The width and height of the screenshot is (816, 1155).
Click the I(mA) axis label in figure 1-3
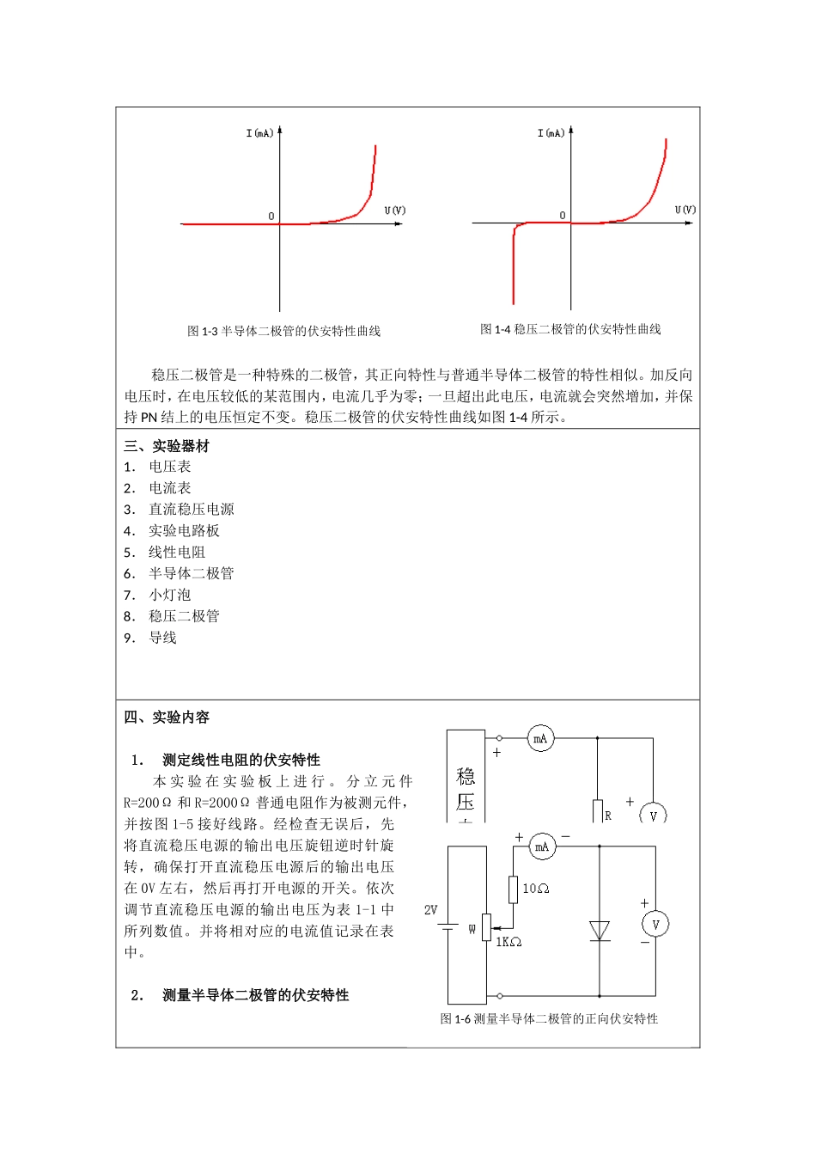pos(259,133)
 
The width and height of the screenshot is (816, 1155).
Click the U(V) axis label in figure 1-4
pos(685,210)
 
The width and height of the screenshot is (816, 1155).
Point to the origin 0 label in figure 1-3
pos(271,217)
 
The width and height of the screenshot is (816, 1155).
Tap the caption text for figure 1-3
pos(284,331)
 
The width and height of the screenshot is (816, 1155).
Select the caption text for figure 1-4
pos(570,329)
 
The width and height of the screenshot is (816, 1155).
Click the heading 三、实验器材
pos(167,446)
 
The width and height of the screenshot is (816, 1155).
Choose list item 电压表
pos(170,467)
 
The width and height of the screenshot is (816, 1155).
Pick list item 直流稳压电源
pos(191,510)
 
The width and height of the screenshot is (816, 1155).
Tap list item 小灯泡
pos(170,595)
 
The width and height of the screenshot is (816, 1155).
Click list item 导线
pos(162,638)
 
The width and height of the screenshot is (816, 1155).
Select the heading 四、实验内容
pos(167,718)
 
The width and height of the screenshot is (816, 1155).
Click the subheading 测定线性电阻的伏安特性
pos(241,760)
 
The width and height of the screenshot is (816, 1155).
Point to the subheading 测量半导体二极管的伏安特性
pos(256,995)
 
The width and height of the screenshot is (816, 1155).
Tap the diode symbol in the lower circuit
pos(600,931)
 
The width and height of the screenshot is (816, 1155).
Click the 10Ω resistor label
pos(535,889)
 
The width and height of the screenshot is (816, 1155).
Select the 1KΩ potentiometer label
pos(508,942)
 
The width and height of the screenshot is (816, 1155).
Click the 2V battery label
pos(430,909)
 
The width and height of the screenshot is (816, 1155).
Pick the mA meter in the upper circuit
pos(540,738)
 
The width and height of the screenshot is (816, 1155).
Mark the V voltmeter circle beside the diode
pos(655,925)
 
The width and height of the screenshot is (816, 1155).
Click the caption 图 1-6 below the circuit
pos(549,1018)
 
